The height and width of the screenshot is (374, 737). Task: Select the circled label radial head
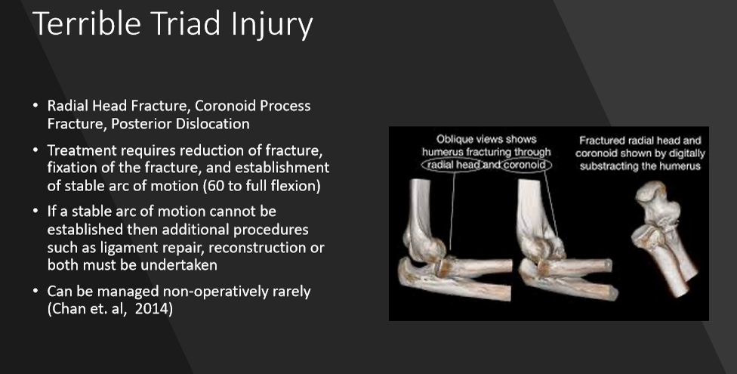coord(453,165)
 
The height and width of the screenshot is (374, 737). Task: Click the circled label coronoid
coord(525,165)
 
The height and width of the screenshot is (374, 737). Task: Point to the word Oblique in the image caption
coord(454,139)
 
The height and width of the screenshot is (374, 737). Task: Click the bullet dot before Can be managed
coord(35,292)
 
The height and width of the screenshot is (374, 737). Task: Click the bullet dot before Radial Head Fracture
coord(35,105)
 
